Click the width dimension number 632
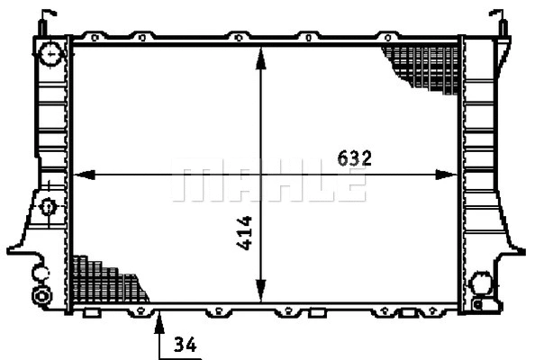pos(354,157)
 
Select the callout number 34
pos(185,345)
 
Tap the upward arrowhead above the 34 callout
pos(159,316)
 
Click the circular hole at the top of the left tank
pos(51,55)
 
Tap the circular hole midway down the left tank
pos(49,207)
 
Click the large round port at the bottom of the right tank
pos(481,284)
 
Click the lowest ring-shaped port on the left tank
pos(41,295)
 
